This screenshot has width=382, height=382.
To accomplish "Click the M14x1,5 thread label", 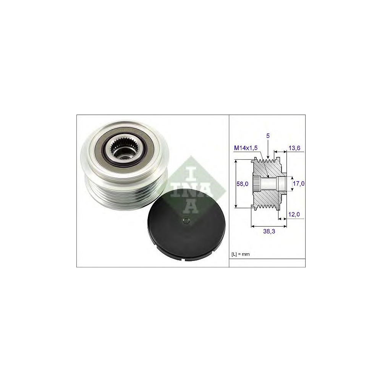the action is pos(246,148).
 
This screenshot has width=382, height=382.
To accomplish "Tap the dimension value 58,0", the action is pos(243,184).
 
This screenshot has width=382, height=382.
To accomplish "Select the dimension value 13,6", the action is pos(294,148).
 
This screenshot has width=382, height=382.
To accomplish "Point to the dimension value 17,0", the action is pos(299,183).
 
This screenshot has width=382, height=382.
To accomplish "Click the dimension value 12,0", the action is pos(294,214).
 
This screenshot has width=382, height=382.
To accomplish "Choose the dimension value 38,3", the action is pos(269,231).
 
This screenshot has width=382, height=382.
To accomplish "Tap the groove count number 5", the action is pos(268,136).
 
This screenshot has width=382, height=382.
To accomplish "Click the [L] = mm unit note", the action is pos(240,254).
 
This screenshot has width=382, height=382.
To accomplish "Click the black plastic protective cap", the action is pos(186,225).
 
